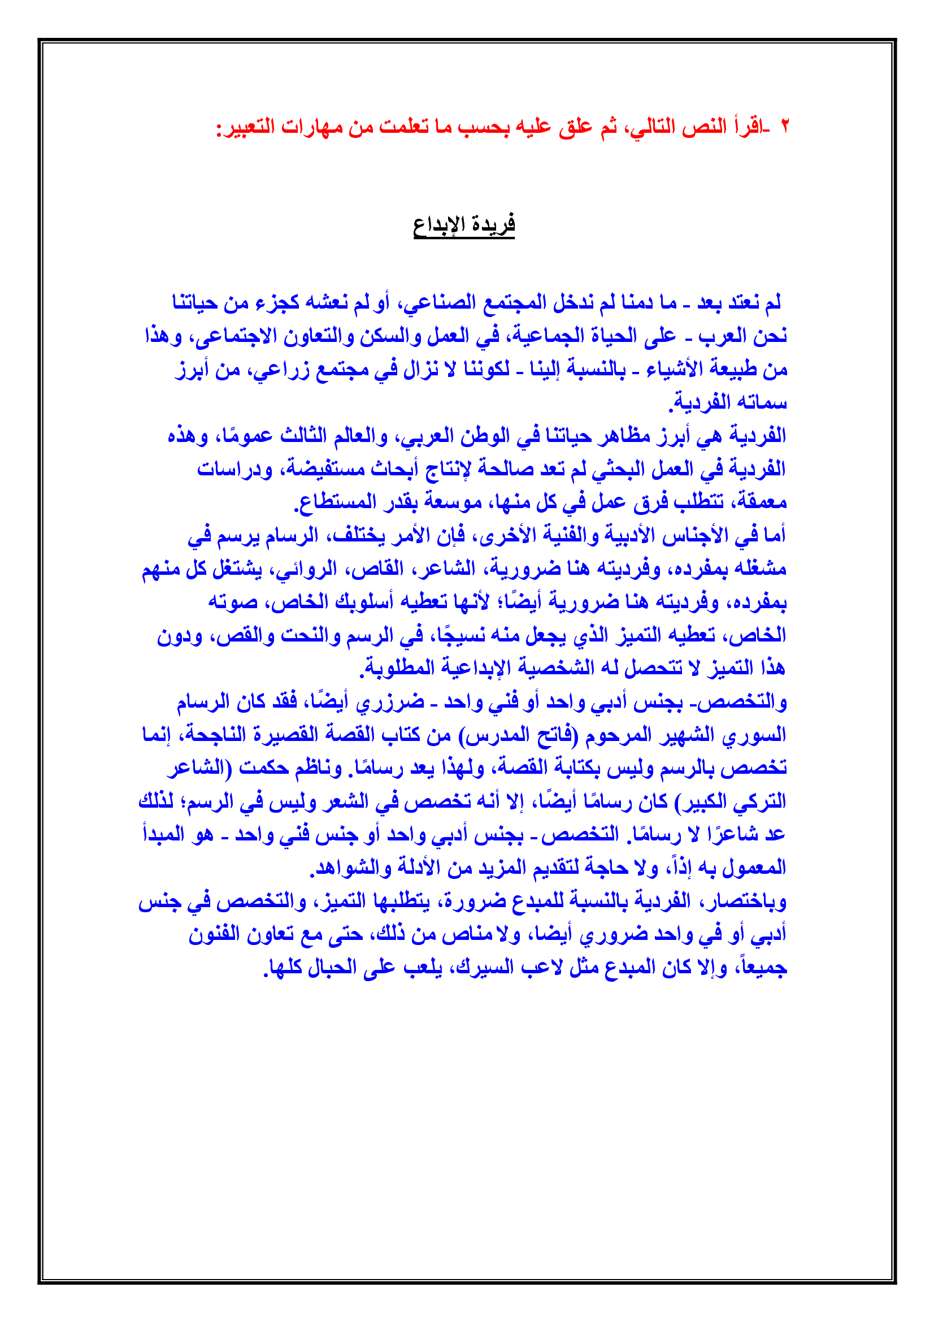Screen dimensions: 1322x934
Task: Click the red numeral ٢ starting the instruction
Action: (x=784, y=126)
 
